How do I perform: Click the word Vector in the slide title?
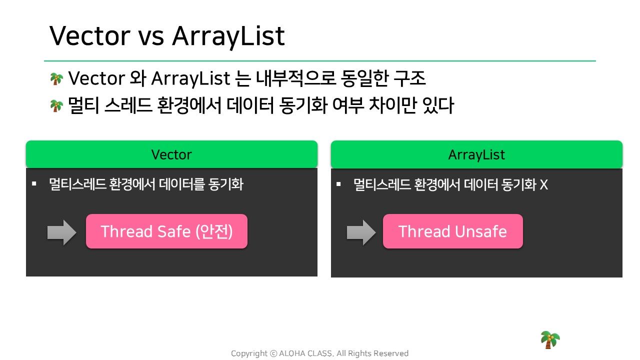90,35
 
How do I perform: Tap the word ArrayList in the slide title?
228,37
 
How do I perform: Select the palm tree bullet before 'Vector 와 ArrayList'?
56,79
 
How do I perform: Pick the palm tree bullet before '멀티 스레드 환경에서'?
56,106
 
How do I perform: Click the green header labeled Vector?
171,154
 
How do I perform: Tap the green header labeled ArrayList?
476,154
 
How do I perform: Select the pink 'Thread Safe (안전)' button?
167,231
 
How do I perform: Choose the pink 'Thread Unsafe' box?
453,231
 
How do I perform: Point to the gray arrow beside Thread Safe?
61,232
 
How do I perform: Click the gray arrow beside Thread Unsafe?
361,232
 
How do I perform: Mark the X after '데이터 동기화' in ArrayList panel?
543,184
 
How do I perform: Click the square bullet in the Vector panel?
34,183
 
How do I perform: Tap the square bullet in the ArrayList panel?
338,184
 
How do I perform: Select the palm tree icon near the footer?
550,339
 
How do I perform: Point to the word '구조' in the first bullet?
409,78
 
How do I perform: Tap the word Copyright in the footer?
249,353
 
